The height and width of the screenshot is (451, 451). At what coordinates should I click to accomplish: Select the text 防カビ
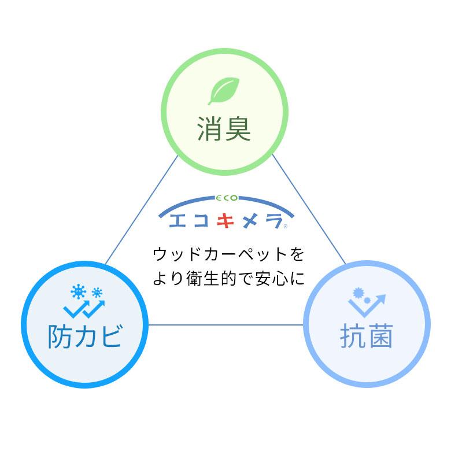pyautogui.click(x=84, y=336)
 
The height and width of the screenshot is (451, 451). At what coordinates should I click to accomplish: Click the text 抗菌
pyautogui.click(x=367, y=336)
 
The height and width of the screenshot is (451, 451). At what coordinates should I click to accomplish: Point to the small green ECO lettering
pyautogui.click(x=226, y=198)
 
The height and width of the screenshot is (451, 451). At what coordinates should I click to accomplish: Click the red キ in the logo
pyautogui.click(x=225, y=219)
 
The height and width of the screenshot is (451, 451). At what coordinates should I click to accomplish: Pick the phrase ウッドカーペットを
pyautogui.click(x=228, y=254)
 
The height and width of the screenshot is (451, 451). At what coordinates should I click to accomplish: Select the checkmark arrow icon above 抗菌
pyautogui.click(x=370, y=305)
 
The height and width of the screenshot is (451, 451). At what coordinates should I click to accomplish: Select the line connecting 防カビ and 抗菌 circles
pyautogui.click(x=226, y=324)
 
